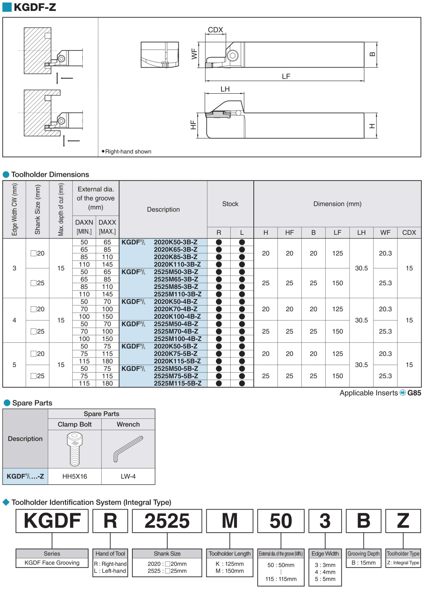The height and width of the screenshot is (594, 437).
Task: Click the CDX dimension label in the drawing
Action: click(215, 30)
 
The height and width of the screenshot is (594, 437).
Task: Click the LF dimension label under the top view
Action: click(286, 76)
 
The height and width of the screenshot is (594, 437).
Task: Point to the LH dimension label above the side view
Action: click(225, 89)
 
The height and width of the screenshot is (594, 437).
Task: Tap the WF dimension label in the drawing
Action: click(194, 54)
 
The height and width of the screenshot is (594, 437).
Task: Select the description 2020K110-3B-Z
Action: click(177, 264)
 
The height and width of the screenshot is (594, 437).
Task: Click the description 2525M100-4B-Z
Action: click(177, 339)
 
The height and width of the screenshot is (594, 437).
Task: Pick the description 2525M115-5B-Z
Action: click(177, 383)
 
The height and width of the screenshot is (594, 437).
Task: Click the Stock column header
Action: click(230, 204)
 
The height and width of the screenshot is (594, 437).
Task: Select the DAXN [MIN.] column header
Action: click(84, 226)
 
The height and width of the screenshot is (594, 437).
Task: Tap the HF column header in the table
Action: click(289, 232)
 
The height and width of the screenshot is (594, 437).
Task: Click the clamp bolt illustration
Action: click(75, 449)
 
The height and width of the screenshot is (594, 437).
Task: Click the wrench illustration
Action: click(128, 449)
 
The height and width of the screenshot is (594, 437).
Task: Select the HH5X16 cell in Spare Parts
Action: click(75, 476)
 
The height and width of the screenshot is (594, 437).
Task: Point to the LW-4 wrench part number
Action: click(128, 476)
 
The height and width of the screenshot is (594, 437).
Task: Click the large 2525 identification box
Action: click(167, 521)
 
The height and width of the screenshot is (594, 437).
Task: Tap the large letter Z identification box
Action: click(403, 521)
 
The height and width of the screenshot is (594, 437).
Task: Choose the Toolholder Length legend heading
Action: click(229, 554)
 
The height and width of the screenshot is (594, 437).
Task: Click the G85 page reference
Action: click(414, 393)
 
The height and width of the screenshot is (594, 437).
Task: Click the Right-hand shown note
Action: click(128, 152)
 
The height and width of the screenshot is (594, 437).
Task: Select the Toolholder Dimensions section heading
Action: click(50, 174)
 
